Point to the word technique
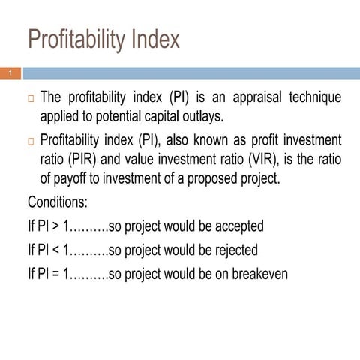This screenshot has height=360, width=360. (313, 98)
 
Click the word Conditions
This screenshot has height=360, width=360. (58, 202)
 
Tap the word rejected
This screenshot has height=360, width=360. (232, 250)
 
